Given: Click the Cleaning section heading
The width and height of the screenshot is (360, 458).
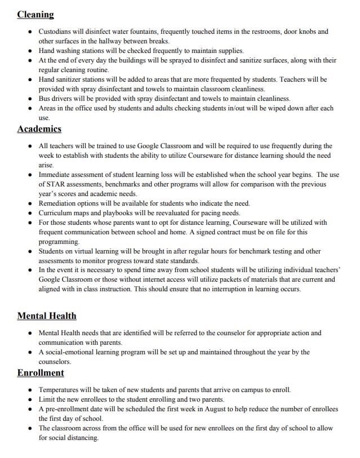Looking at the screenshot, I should click(35, 15).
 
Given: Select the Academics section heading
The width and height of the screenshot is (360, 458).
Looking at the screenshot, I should click(39, 129).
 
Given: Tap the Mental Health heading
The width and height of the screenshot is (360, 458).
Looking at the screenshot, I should click(47, 315).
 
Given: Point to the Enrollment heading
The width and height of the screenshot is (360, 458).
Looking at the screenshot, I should click(41, 373).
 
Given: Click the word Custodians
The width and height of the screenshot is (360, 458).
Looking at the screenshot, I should click(56, 32).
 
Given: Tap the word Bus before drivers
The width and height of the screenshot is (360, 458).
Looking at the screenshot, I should click(45, 99).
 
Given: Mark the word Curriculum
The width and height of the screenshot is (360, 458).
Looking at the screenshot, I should click(57, 213).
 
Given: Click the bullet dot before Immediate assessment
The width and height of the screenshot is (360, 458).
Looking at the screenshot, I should click(30, 175).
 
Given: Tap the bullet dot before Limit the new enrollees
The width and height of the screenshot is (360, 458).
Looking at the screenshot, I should click(30, 399).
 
